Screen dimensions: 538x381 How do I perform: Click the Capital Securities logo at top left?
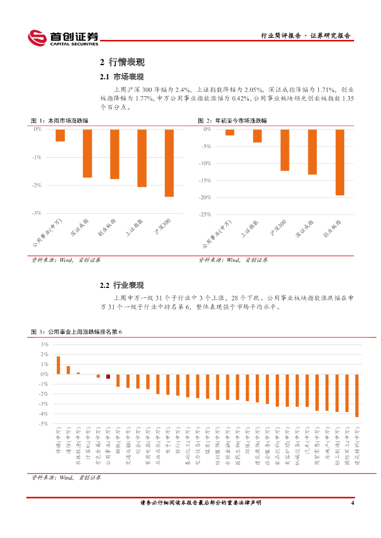coord(63,37)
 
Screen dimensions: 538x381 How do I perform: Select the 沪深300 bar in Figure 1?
coord(169,163)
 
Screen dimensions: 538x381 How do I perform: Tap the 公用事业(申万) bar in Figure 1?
coord(60,136)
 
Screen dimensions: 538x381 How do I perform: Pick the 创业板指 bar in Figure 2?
coord(339,162)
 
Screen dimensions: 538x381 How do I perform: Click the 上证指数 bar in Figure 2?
coord(257,136)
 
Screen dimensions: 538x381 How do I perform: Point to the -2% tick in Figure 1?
coord(37,185)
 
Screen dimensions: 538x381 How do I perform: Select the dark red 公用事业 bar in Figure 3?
coord(108,376)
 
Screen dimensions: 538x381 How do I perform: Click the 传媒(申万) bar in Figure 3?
coord(58,365)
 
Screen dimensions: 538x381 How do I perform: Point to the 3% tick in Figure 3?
coord(45,344)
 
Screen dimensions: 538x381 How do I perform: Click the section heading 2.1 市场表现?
coord(122,77)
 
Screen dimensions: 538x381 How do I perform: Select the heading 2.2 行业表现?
coord(122,286)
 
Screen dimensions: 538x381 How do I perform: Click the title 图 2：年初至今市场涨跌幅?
coord(232,120)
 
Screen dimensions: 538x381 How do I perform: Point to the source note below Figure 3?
coord(66,478)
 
